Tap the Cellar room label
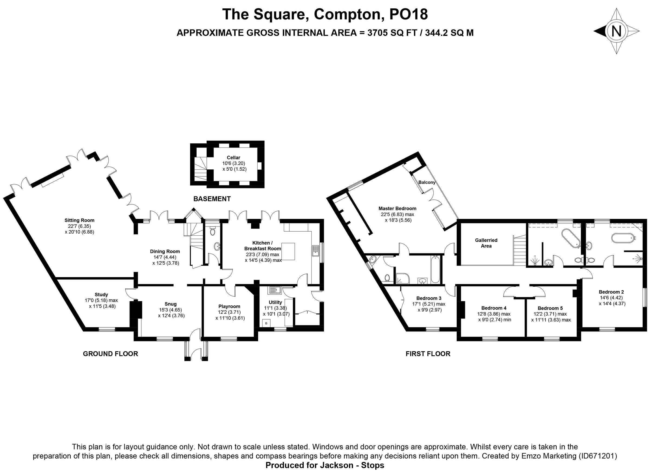coord(233,157)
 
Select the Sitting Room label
coord(79,220)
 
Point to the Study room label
coord(101,294)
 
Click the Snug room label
coord(171,304)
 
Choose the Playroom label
coord(229,306)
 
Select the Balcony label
coord(427,182)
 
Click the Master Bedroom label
coord(397,208)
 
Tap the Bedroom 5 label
coord(550,308)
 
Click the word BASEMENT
coord(212,199)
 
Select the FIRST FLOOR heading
coord(428,354)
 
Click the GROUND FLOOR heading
coord(110,354)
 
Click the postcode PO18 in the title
coord(408,14)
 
